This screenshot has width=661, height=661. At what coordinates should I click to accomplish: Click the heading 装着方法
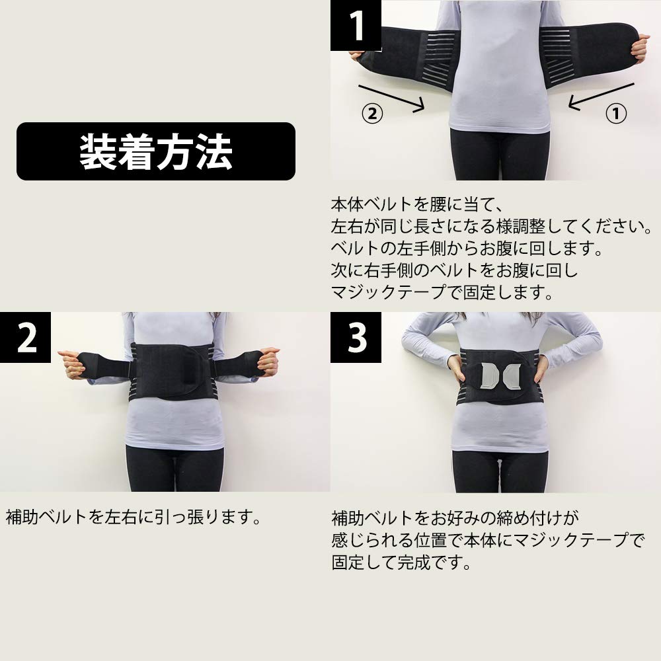156,151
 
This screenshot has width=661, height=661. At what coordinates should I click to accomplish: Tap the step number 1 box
356,25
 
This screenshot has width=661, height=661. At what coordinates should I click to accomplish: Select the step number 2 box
26,338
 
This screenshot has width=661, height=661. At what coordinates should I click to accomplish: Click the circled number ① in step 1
615,113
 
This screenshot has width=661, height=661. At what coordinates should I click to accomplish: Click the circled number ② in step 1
372,113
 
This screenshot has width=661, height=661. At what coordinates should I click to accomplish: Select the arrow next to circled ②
390,97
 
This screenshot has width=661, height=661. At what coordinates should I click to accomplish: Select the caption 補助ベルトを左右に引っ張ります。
132,516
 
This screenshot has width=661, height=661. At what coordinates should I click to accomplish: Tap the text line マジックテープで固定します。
442,292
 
